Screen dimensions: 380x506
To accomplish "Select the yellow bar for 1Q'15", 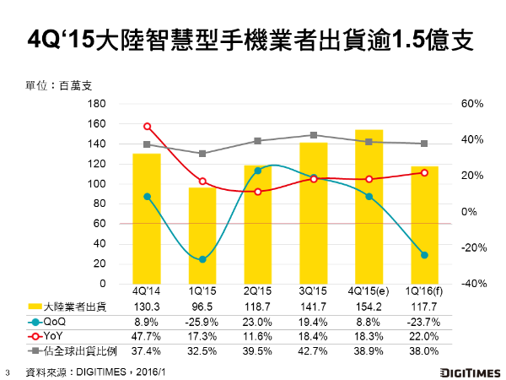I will (x=202, y=236).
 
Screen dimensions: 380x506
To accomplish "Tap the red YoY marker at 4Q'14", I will (x=148, y=127).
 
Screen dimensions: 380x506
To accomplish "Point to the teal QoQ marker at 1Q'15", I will (x=202, y=259).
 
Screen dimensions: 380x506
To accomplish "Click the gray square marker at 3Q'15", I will (x=314, y=135).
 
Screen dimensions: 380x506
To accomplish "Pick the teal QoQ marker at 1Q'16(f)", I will (x=424, y=255).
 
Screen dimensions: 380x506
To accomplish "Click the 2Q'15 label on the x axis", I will (x=258, y=291).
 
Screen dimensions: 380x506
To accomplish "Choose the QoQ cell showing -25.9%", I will (x=202, y=320).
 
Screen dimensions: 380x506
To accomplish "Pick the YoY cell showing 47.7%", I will (x=148, y=335).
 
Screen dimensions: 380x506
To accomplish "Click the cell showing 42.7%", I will (x=314, y=350).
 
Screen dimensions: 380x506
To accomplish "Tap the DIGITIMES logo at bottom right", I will (x=469, y=372).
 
